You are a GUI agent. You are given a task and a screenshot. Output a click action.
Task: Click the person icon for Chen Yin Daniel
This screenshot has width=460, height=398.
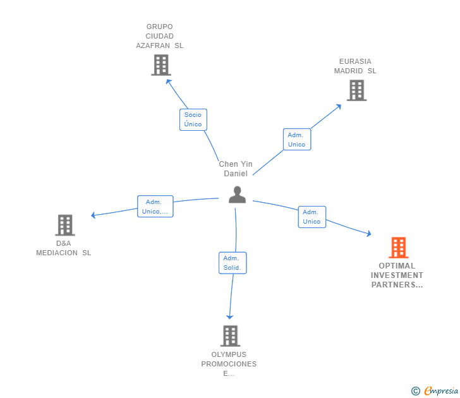(x=237, y=195)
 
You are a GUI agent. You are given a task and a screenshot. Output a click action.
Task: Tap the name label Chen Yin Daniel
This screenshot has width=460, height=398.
(x=236, y=169)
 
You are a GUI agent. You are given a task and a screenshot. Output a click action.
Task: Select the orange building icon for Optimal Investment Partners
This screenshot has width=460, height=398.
(x=397, y=248)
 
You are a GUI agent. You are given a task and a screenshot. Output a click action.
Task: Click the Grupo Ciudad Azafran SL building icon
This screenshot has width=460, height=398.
(x=161, y=65)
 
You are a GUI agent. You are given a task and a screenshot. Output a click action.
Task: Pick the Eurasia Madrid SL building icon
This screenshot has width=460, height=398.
(x=356, y=90)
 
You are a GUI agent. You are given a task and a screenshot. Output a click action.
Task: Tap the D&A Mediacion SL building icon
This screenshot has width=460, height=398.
(x=64, y=225)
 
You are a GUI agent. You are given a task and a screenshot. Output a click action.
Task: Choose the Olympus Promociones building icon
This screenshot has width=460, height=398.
(x=230, y=335)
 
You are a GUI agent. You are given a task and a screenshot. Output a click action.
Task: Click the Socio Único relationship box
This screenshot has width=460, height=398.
(x=193, y=119)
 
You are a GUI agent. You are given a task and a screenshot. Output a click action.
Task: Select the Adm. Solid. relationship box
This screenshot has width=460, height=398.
(x=233, y=263)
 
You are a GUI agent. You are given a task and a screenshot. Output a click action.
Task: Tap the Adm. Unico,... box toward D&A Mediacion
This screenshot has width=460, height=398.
(x=155, y=207)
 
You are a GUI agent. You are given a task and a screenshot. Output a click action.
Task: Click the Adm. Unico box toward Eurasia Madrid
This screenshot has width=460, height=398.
(x=296, y=140)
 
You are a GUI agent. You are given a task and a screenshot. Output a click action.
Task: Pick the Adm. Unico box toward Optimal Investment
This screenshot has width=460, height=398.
(x=312, y=217)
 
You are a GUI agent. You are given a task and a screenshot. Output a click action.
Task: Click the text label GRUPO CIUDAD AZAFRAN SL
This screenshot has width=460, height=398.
(x=160, y=36)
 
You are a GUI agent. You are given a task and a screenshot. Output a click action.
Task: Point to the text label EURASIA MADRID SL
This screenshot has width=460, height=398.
(x=355, y=66)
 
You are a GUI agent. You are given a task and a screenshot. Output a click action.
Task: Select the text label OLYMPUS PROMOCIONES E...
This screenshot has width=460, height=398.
(x=229, y=364)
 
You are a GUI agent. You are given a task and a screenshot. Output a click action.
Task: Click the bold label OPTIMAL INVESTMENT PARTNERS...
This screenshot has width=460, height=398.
(x=397, y=275)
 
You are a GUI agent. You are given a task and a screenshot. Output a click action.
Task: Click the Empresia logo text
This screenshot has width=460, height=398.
(x=441, y=391)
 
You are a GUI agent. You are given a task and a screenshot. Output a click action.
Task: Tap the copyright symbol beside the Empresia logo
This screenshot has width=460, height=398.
(x=416, y=391)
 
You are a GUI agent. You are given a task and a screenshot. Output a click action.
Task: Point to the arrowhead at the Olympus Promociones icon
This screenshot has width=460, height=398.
(x=230, y=317)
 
